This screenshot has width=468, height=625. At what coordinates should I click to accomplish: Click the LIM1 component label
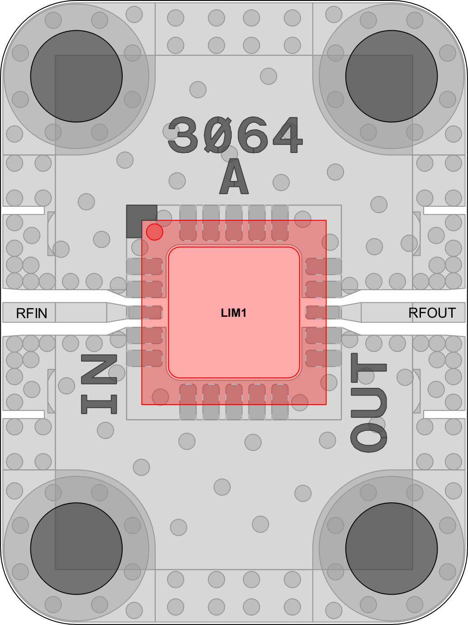pyautogui.click(x=234, y=313)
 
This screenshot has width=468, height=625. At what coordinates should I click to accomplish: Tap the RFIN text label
pyautogui.click(x=32, y=313)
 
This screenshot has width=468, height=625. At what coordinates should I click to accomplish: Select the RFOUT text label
pyautogui.click(x=432, y=313)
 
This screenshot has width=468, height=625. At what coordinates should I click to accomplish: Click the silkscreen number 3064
pyautogui.click(x=235, y=135)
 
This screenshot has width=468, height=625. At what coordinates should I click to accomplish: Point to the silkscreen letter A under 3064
pyautogui.click(x=234, y=176)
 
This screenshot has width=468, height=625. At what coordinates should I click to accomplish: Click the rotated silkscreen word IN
pyautogui.click(x=99, y=384)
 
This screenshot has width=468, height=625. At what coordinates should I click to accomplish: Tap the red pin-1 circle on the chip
pyautogui.click(x=155, y=232)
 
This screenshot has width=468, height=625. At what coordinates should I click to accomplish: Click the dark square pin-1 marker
pyautogui.click(x=142, y=221)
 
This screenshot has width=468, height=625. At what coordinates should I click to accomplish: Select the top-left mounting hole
pyautogui.click(x=76, y=76)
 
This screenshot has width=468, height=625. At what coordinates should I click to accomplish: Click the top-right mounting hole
pyautogui.click(x=392, y=76)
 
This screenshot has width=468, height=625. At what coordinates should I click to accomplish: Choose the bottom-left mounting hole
pyautogui.click(x=76, y=549)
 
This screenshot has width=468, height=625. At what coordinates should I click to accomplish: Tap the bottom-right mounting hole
pyautogui.click(x=392, y=549)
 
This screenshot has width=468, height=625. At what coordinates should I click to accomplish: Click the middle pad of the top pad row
pyautogui.click(x=234, y=223)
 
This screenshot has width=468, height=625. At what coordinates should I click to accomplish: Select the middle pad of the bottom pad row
pyautogui.click(x=234, y=402)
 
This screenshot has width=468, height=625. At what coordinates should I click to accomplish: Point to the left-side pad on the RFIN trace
pyautogui.click(x=144, y=312)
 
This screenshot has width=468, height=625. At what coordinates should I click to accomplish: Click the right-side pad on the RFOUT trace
pyautogui.click(x=323, y=312)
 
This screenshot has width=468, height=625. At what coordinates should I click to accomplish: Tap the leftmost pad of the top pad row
pyautogui.click(x=188, y=223)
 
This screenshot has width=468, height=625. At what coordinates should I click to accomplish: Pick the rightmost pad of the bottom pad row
pyautogui.click(x=280, y=402)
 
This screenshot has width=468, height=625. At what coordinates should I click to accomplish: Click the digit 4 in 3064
pyautogui.click(x=288, y=135)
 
